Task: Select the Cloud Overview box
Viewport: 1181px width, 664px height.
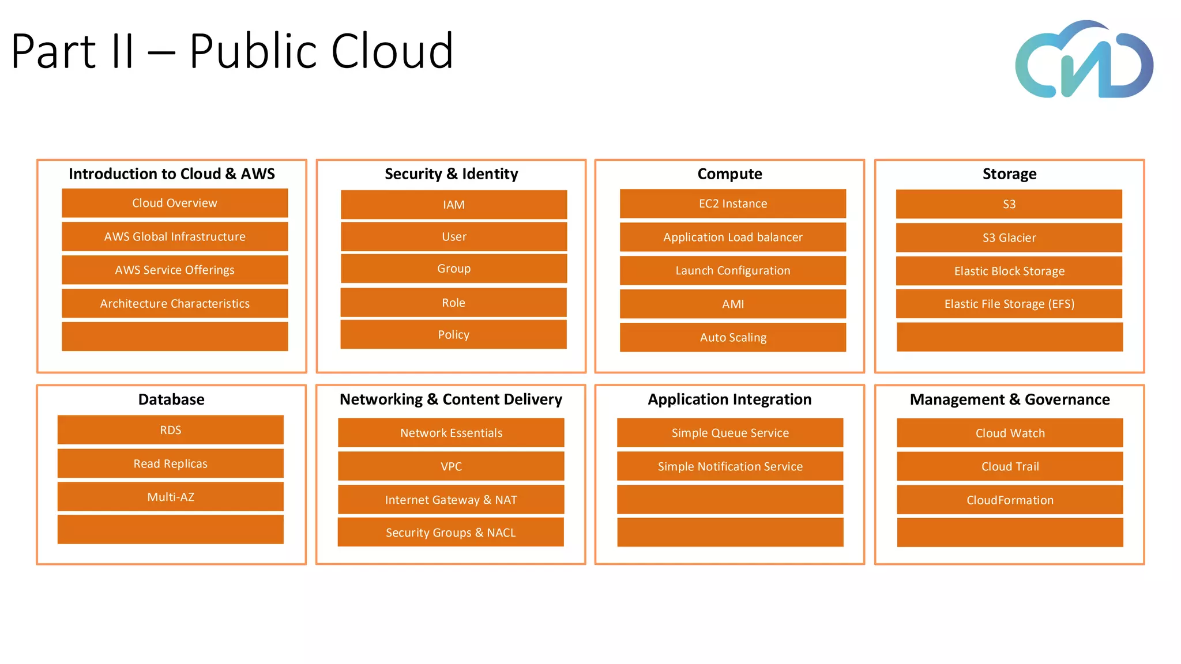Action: (x=175, y=203)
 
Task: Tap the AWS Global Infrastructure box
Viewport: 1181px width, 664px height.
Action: (x=175, y=236)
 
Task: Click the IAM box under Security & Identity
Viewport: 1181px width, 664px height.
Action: (x=454, y=205)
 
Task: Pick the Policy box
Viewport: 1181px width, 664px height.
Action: (x=454, y=334)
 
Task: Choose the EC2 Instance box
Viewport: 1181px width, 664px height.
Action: (x=733, y=203)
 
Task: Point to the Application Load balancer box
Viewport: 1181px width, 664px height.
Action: (x=733, y=237)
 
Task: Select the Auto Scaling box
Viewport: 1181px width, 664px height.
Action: (x=733, y=337)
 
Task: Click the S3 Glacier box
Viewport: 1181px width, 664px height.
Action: (x=1009, y=237)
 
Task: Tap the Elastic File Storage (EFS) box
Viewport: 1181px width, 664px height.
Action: (x=1009, y=304)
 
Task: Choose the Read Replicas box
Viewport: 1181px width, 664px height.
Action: (x=171, y=463)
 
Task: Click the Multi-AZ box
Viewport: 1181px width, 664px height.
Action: (x=171, y=497)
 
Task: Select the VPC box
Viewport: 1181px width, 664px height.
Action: (x=451, y=466)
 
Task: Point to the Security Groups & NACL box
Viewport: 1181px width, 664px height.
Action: (x=451, y=533)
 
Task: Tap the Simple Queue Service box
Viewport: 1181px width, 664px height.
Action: (x=730, y=433)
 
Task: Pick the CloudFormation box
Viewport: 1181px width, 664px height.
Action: (x=1010, y=500)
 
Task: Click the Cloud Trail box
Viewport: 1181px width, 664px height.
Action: (x=1010, y=466)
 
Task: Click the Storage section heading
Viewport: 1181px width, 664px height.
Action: (x=1009, y=173)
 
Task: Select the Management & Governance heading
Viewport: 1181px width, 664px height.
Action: (x=1010, y=399)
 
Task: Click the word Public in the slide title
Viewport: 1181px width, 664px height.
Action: (x=254, y=51)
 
